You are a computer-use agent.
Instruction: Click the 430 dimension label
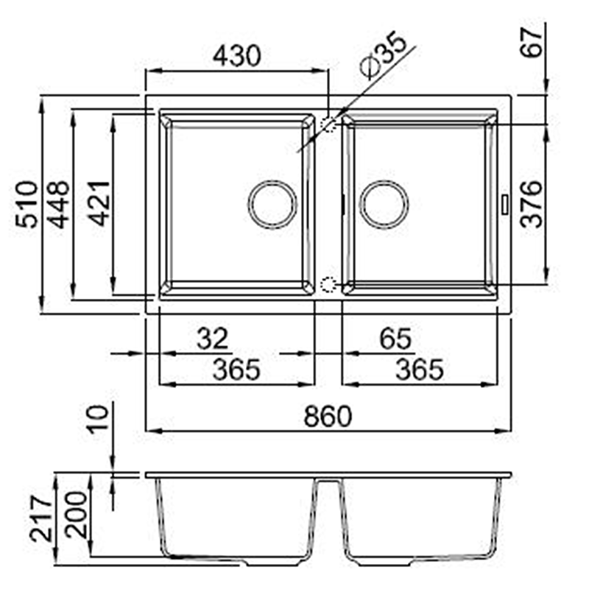tap(236, 56)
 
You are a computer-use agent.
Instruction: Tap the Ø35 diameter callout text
tap(383, 57)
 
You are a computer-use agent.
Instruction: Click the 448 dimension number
tap(59, 204)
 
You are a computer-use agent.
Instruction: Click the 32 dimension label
tap(214, 339)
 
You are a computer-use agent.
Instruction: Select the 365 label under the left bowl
tap(236, 369)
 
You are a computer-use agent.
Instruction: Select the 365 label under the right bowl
tap(419, 369)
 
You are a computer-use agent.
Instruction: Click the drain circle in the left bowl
tap(272, 203)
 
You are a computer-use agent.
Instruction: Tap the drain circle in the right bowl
tap(383, 202)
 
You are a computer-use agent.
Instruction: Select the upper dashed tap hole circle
tap(329, 123)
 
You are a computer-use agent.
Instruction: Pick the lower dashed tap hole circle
tap(329, 284)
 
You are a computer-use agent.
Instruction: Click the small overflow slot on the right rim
tap(504, 203)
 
